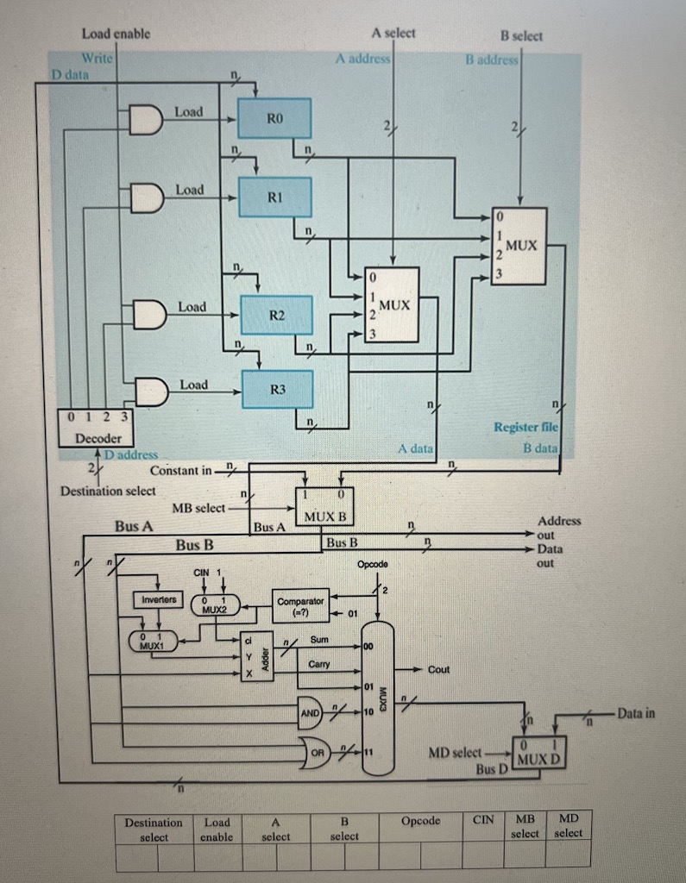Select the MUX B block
point(324,509)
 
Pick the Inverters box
point(159,598)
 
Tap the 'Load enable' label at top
point(116,34)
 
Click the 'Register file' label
point(526,427)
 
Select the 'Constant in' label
point(180,471)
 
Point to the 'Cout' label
point(438,669)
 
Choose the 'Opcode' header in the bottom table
point(420,821)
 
